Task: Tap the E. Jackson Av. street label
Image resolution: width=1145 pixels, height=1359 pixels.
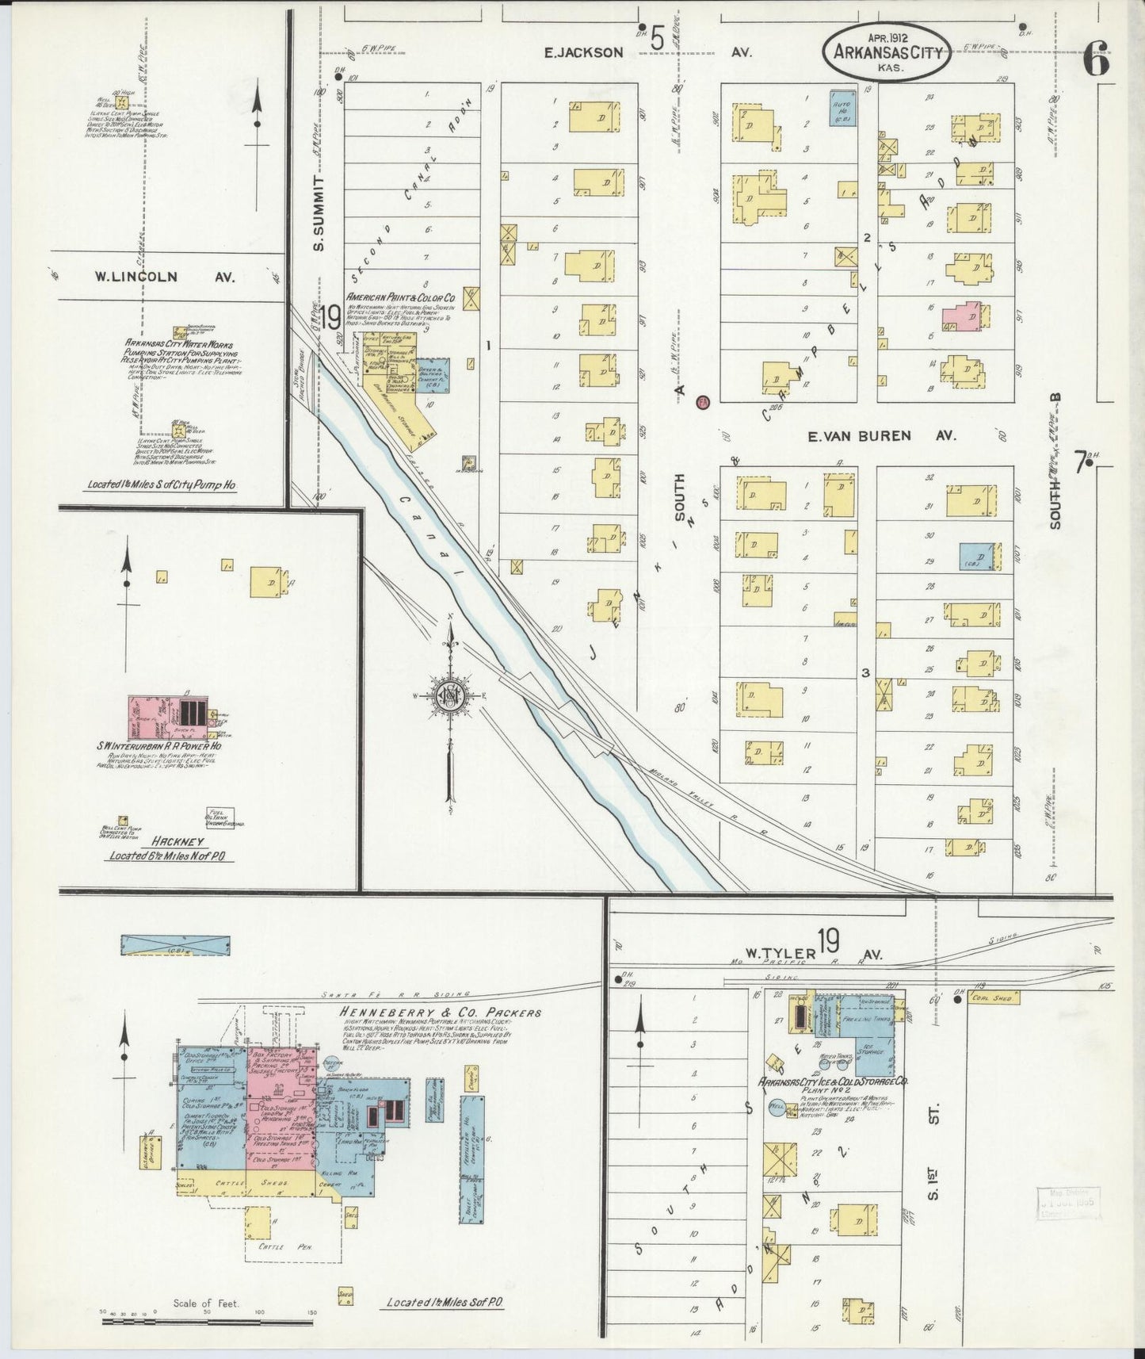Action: tap(583, 52)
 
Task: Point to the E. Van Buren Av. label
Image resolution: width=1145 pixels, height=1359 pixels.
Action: tap(882, 435)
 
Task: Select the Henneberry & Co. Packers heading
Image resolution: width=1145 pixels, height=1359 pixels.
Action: tap(441, 1013)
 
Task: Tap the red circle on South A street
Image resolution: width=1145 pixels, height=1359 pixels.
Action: tap(702, 402)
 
